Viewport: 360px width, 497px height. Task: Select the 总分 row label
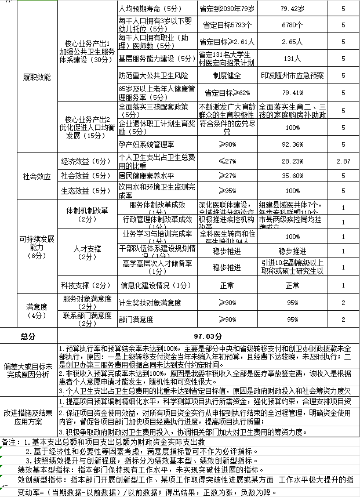(x=28, y=336)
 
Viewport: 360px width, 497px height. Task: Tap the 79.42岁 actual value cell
(x=292, y=9)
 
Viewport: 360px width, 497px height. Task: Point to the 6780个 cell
(x=292, y=26)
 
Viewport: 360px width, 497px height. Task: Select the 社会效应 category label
(x=37, y=175)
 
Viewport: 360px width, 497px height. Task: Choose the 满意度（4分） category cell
(x=37, y=311)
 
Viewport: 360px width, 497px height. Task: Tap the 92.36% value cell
(x=292, y=144)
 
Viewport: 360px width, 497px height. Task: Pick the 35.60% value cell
(x=292, y=175)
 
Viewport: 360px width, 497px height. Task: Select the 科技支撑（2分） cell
(x=86, y=285)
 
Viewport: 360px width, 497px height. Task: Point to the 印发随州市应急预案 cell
(x=292, y=75)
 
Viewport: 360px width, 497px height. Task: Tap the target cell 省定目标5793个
(x=227, y=26)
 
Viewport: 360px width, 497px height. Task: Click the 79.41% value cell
(x=292, y=92)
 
